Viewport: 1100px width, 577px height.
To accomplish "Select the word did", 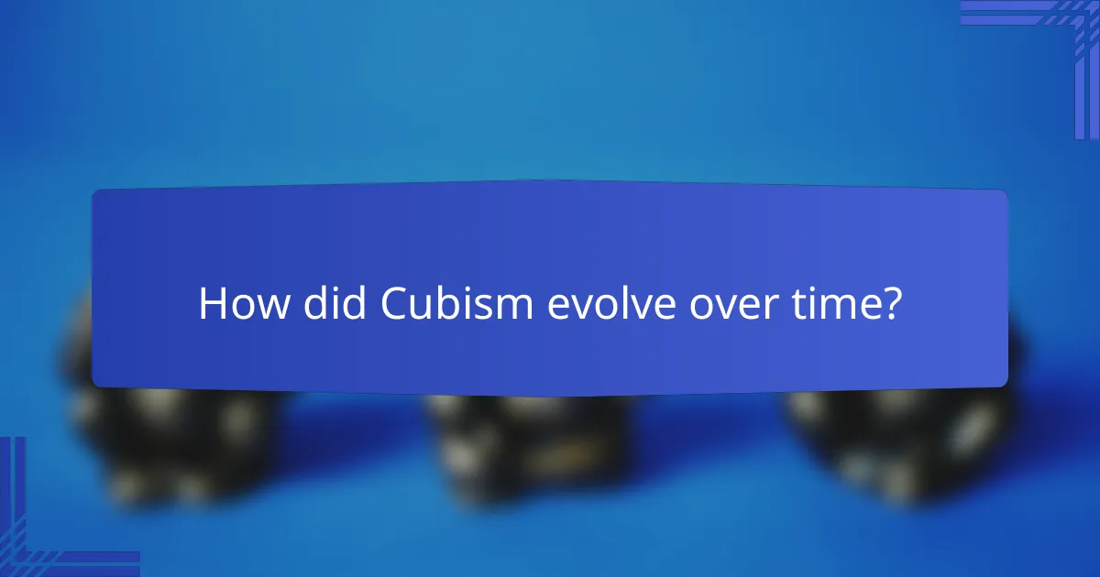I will (325, 304).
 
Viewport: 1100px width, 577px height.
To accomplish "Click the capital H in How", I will (211, 304).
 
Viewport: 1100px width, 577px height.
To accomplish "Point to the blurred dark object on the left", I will (165, 440).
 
